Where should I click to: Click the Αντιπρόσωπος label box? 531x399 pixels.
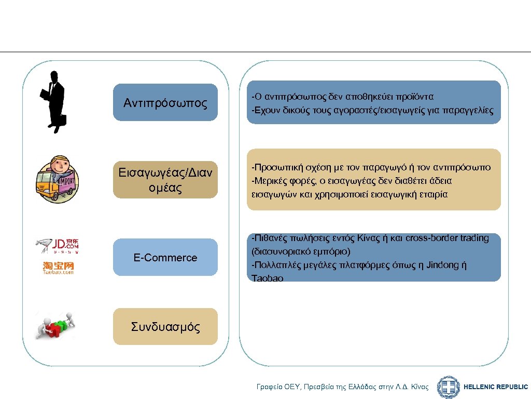[x=165, y=103]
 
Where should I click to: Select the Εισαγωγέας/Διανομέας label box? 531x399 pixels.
[x=165, y=180]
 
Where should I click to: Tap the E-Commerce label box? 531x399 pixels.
[x=165, y=258]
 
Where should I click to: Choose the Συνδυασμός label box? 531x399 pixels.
[x=165, y=327]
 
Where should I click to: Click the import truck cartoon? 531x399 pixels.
[x=57, y=179]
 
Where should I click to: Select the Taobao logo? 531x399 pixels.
[x=58, y=268]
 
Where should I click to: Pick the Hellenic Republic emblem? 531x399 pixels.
[x=448, y=387]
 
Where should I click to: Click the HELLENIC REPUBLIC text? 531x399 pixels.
[x=495, y=387]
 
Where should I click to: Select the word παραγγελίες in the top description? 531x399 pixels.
[x=466, y=111]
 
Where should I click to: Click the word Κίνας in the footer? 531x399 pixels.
[x=418, y=387]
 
